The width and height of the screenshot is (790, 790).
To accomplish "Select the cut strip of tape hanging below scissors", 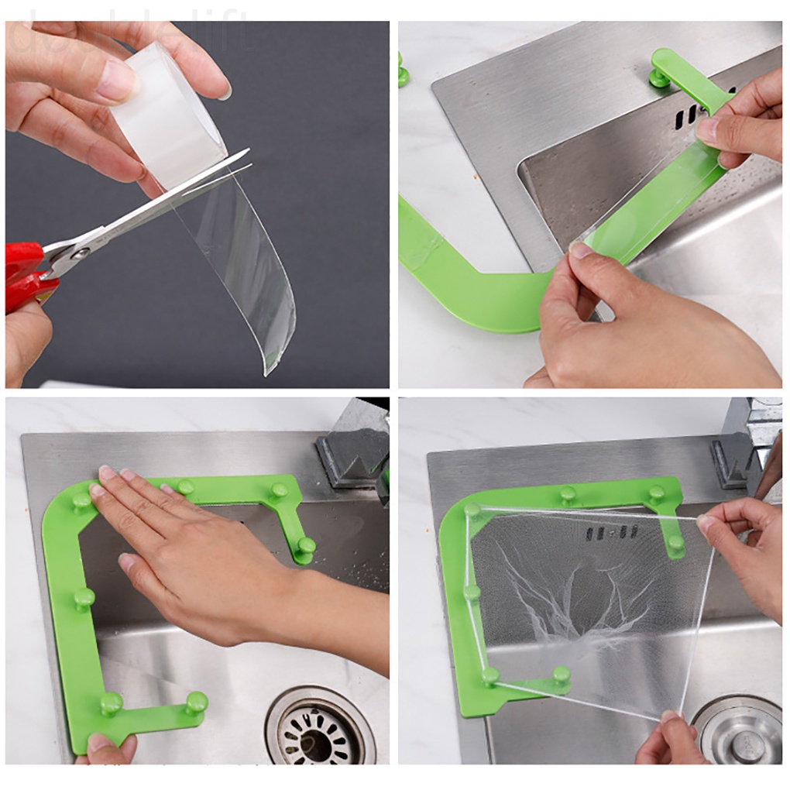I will (248, 271).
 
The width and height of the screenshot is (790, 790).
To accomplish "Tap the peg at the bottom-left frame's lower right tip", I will (197, 702).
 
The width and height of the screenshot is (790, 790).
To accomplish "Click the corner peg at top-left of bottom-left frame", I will (82, 502).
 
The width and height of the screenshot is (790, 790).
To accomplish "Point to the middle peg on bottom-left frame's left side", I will (84, 598).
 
